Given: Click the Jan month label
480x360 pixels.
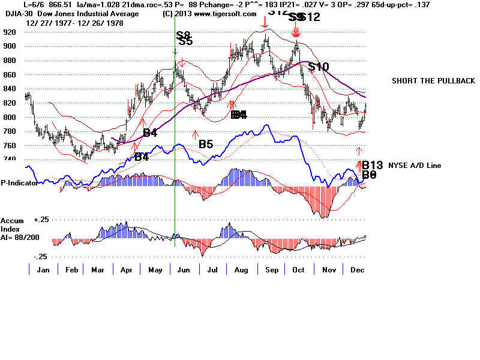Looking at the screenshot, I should [43, 270].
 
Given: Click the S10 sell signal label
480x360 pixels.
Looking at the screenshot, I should [318, 67].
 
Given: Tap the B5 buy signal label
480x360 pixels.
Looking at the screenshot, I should [206, 144].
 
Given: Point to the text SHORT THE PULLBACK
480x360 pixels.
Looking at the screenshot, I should [433, 81].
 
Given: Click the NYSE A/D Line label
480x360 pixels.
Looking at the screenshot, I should [415, 165].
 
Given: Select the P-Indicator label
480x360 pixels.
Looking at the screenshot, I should [19, 183].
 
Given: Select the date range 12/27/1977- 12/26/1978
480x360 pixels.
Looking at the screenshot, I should [64, 22].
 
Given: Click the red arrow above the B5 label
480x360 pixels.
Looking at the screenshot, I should [195, 134].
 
